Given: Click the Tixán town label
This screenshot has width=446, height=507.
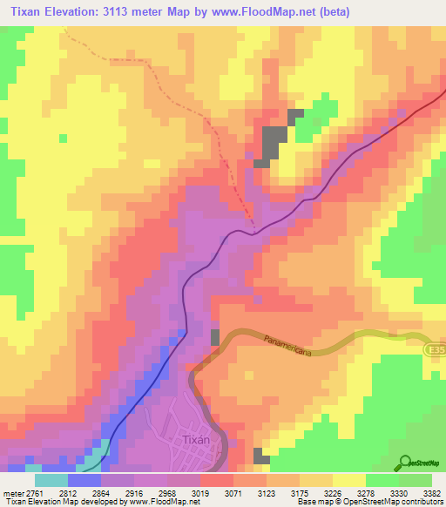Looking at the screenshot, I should coord(197,440).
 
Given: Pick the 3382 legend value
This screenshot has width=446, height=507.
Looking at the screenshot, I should coord(433,492).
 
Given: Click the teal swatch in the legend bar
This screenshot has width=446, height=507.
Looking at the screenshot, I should coord(51,480).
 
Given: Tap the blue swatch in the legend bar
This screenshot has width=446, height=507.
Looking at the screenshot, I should coord(84,480).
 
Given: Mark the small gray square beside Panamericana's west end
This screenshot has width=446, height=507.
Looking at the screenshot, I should coord(215,337).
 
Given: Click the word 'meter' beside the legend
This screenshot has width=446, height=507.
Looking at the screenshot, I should coord(15,492).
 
